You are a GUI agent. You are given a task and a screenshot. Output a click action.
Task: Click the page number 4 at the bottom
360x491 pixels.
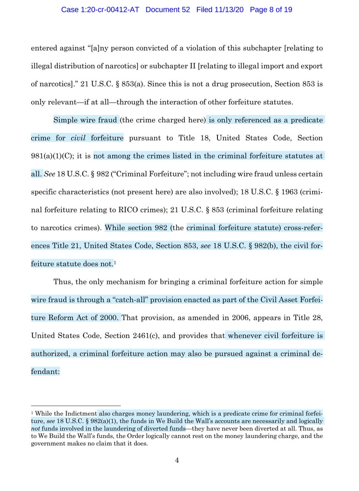click(x=177, y=460)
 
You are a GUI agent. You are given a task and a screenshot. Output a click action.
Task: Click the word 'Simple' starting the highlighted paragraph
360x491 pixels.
click(x=66, y=120)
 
